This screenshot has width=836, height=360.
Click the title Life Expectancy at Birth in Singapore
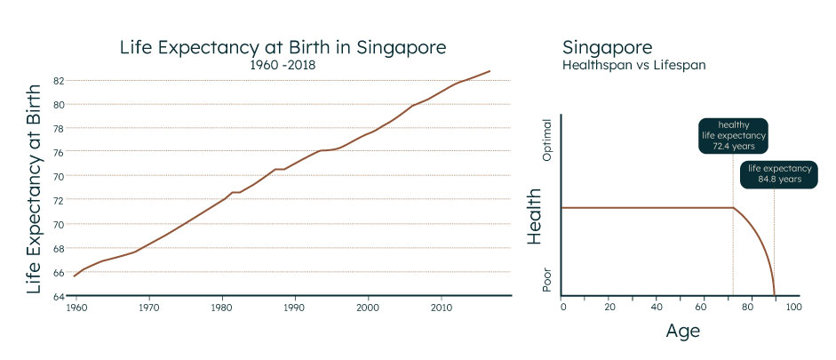coord(283,47)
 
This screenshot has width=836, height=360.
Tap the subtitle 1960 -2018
coord(283,65)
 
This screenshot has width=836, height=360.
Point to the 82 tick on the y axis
coord(59,80)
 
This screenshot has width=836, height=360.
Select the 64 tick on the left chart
coord(59,296)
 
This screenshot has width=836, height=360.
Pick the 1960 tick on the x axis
coord(76,308)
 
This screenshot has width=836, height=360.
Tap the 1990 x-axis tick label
coord(294,308)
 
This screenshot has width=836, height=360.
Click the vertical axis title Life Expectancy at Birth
coord(35,188)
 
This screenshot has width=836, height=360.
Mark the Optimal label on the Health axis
coord(547,140)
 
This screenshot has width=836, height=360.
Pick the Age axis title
coord(683,331)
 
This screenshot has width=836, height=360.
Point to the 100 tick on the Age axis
coord(793,307)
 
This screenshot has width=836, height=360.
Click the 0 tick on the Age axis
coord(562,307)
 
